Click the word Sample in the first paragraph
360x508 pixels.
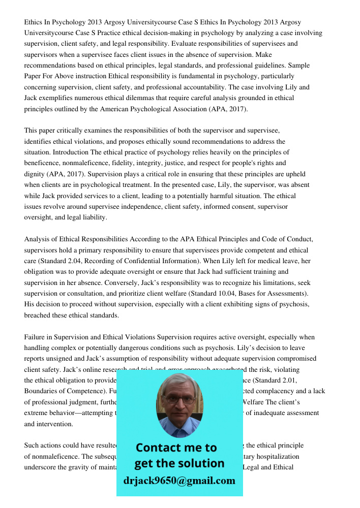pos(299,66)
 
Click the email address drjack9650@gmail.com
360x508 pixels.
pos(179,480)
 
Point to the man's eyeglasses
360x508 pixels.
pos(179,399)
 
